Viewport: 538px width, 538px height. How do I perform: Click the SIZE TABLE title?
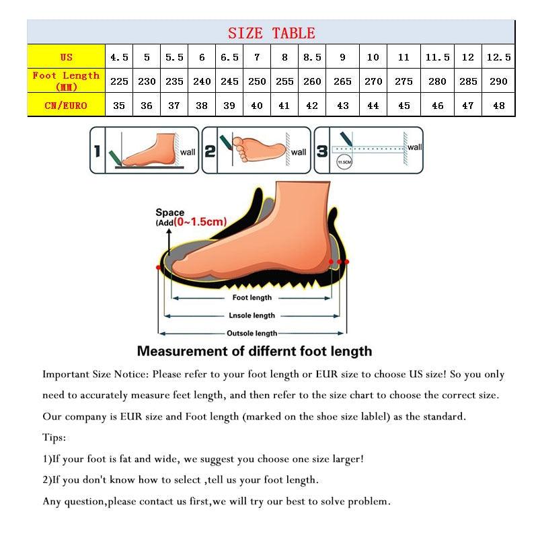click(x=271, y=32)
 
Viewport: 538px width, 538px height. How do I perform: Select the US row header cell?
click(x=66, y=57)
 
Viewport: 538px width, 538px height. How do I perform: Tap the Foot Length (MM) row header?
click(x=66, y=81)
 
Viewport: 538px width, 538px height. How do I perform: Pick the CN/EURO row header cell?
click(x=66, y=105)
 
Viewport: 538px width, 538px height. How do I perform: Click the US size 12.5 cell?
click(x=498, y=57)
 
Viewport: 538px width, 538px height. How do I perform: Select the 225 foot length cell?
click(x=119, y=81)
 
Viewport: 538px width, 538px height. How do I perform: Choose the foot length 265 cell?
click(x=342, y=81)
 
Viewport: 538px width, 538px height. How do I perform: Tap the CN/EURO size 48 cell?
click(x=498, y=105)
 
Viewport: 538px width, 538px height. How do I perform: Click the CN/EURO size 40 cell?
click(x=257, y=105)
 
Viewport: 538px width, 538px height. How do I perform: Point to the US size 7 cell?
click(x=257, y=57)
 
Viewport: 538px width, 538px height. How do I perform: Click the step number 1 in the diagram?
click(x=97, y=151)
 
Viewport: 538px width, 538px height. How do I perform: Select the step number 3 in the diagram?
click(x=322, y=151)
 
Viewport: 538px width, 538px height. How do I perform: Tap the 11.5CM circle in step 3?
click(x=344, y=162)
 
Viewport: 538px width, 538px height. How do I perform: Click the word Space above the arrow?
click(x=169, y=213)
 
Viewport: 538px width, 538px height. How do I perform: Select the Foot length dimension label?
click(x=252, y=297)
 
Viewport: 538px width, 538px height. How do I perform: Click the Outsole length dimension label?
click(x=252, y=333)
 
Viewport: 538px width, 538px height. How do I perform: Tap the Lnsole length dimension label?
click(x=252, y=315)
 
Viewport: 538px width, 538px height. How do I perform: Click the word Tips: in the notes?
click(x=54, y=438)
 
